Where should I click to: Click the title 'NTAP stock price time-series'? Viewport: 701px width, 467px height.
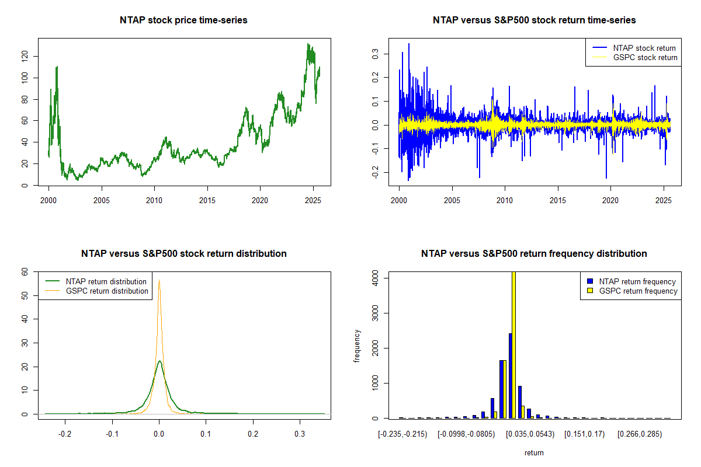183,20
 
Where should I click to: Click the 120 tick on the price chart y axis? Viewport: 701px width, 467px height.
29,56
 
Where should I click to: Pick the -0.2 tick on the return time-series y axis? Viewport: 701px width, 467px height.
376,173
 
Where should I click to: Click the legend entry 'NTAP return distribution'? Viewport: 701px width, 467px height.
106,281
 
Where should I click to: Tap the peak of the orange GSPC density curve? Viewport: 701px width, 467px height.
159,280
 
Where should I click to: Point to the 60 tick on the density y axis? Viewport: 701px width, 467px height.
25,271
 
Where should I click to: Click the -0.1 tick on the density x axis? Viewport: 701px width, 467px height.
112,435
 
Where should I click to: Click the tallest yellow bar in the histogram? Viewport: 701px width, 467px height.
513,344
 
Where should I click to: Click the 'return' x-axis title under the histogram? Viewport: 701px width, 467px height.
534,452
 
